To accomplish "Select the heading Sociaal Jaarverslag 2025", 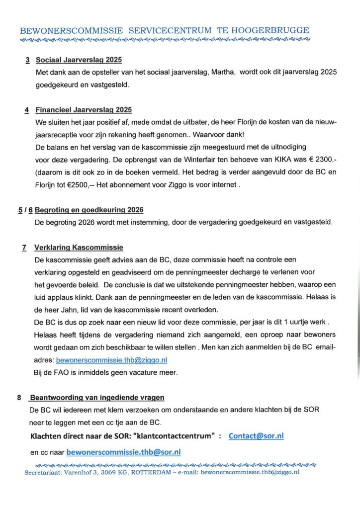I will (x=79, y=60).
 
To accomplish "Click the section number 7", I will (x=24, y=248).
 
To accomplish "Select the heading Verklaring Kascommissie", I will (x=79, y=248).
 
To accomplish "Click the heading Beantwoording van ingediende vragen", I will (x=96, y=397).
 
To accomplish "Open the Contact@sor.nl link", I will (x=256, y=435).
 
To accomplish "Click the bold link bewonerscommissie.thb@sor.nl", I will (x=123, y=452).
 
